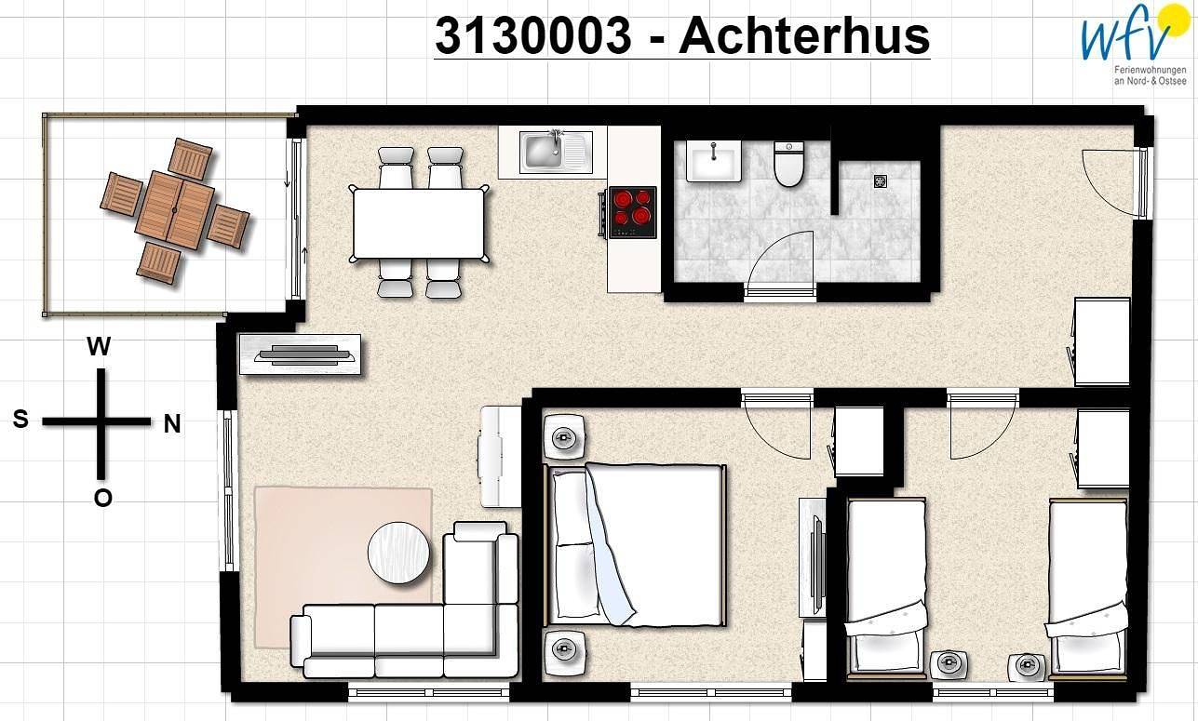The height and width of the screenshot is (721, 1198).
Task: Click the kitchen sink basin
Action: pos(542,152)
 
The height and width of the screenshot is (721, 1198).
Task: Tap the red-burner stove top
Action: pos(633,212)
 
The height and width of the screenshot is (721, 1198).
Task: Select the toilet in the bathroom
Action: pos(788,164)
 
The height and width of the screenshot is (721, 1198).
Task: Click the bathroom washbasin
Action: pos(713,160)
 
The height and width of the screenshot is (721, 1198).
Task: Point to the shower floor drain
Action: pos(881,181)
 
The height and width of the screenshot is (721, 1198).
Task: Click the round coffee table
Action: pos(399,553)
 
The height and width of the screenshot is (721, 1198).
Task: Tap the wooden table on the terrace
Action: pos(174,210)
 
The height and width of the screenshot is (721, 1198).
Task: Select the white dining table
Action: pos(420,223)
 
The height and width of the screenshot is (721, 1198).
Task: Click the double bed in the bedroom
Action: pos(635,544)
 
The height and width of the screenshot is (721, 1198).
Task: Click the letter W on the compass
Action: pos(99,346)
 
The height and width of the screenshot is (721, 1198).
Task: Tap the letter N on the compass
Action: pos(171,424)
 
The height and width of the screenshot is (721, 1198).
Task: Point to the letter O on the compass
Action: pos(102,498)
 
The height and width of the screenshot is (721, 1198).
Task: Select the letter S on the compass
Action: pos(20,419)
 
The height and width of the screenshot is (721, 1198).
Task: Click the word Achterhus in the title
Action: pos(804,35)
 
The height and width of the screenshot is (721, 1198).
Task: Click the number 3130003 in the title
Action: pos(533,35)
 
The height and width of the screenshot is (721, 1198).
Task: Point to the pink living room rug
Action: pos(343,567)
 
